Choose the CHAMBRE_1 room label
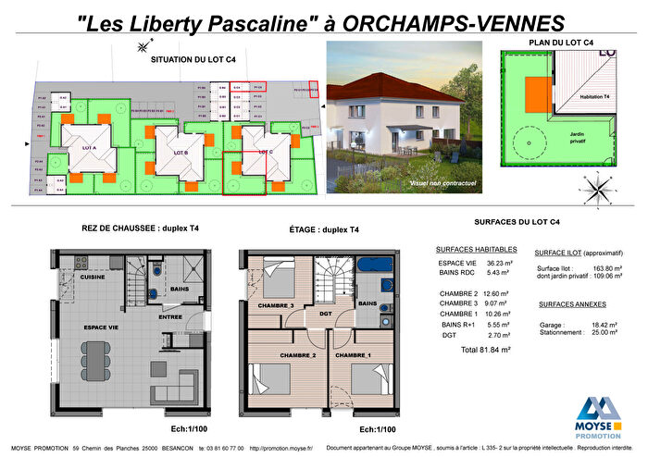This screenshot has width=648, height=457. (x=354, y=355)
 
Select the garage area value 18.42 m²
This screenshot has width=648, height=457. (x=603, y=326)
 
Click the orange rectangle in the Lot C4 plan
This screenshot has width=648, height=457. (x=535, y=93)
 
